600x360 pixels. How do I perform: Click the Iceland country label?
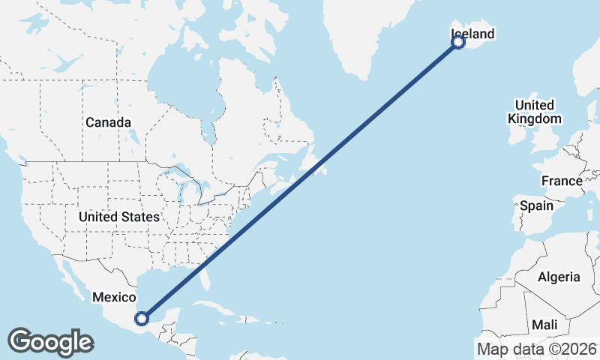472,34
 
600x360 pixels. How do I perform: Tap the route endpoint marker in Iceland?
458,42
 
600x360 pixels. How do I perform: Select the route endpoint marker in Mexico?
141,318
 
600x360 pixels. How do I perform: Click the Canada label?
108,122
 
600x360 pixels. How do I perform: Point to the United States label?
119,217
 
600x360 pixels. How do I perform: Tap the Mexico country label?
113,298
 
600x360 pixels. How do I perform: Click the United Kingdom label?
534,112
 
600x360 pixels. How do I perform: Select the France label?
562,181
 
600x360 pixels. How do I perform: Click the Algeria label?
559,277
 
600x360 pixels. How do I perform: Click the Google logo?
50,342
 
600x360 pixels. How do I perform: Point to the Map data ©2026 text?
536,348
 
